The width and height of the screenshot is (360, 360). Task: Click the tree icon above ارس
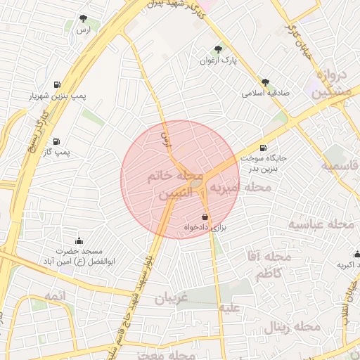(84, 19)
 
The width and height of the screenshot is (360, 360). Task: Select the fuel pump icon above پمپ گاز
(56, 141)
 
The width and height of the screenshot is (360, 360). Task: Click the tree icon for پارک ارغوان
(218, 50)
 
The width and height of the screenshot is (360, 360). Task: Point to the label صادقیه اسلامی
(264, 93)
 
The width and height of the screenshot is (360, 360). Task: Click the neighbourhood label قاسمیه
(340, 167)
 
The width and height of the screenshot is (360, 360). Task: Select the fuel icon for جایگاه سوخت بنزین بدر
(263, 148)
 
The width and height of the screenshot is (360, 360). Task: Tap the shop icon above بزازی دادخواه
(205, 217)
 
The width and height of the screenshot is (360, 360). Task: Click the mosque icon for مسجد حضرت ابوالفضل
(79, 240)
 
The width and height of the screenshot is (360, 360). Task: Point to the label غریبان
(172, 298)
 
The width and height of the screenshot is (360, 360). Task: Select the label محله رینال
(292, 327)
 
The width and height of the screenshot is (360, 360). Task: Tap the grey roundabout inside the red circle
(196, 184)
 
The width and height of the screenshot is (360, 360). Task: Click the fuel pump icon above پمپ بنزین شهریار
(56, 85)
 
